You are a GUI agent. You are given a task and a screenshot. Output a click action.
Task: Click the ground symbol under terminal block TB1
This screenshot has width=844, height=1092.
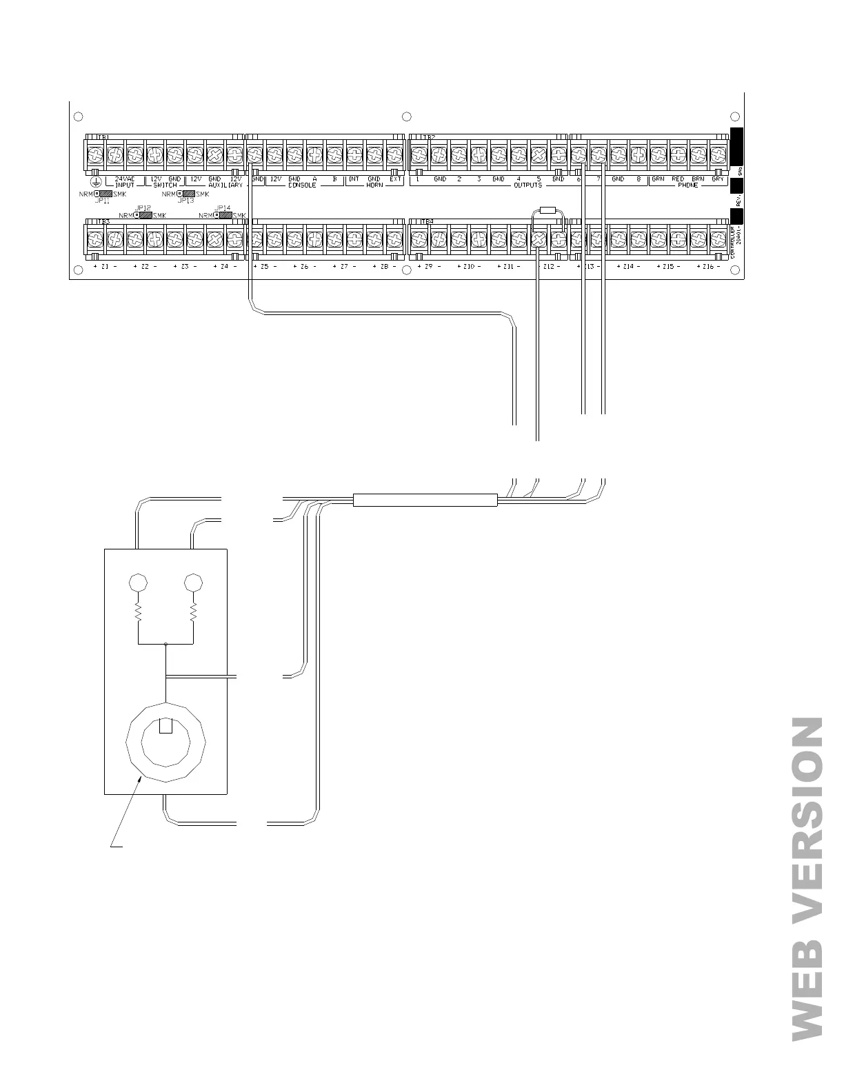[97, 181]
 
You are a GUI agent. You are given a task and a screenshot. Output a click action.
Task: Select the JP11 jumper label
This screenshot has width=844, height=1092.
[102, 201]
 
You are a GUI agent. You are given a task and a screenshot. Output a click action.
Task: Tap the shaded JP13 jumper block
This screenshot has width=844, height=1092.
[186, 194]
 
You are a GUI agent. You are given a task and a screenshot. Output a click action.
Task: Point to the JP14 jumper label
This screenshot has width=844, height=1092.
[222, 208]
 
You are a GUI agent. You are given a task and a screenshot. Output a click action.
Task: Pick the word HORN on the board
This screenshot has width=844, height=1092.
[374, 185]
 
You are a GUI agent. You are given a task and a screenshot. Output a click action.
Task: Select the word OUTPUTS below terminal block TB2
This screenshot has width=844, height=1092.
[527, 185]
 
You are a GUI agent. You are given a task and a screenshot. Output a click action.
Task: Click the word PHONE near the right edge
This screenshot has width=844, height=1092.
[687, 185]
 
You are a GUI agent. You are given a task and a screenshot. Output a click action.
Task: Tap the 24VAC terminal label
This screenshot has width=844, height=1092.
[125, 179]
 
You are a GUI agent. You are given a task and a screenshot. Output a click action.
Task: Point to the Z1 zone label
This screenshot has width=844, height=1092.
[105, 267]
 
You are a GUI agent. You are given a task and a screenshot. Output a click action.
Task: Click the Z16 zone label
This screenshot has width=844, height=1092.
[708, 267]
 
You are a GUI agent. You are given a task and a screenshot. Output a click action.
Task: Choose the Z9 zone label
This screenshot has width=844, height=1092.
[428, 267]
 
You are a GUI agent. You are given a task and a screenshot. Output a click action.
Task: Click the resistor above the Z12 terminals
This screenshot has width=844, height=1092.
[548, 210]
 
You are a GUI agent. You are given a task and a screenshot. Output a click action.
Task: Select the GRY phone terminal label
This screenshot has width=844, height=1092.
[718, 179]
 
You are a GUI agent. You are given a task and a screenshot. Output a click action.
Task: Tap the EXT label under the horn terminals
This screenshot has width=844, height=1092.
[395, 179]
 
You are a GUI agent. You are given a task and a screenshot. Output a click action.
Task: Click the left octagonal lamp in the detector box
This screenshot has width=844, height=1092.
[139, 583]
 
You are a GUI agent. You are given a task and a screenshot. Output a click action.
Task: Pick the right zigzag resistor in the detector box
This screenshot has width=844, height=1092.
[194, 611]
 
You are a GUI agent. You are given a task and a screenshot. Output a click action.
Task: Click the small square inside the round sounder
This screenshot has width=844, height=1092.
[165, 726]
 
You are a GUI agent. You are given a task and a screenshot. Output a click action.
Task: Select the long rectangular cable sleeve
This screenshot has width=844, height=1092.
[425, 501]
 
